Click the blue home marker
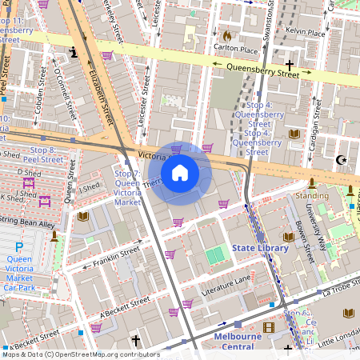click(x=180, y=173)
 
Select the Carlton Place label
click(x=231, y=49)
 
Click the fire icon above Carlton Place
click(x=227, y=36)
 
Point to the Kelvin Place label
click(x=305, y=34)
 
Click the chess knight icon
click(x=74, y=53)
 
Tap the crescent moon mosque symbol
click(x=342, y=160)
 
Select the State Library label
click(x=260, y=249)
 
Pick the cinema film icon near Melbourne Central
click(x=268, y=327)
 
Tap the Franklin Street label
click(x=116, y=256)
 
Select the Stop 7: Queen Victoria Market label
click(x=127, y=188)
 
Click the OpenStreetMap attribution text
click(x=80, y=354)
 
